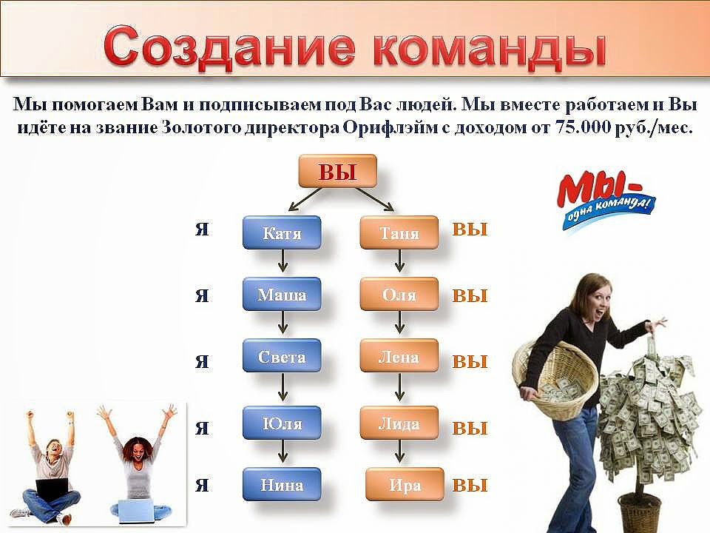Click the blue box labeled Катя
pyautogui.click(x=282, y=232)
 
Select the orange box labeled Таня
pyautogui.click(x=399, y=232)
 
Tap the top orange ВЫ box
pyautogui.click(x=337, y=171)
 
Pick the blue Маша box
pyautogui.click(x=282, y=294)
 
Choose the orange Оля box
pyautogui.click(x=399, y=294)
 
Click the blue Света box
pyautogui.click(x=282, y=356)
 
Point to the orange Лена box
pyautogui.click(x=399, y=356)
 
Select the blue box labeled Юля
pyautogui.click(x=282, y=423)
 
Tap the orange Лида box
pyautogui.click(x=399, y=423)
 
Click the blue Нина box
pyautogui.click(x=282, y=484)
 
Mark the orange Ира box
pyautogui.click(x=405, y=484)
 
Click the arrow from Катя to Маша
pyautogui.click(x=283, y=261)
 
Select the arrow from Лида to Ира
pyautogui.click(x=399, y=452)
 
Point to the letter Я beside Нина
pyautogui.click(x=202, y=485)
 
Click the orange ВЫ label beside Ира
pyautogui.click(x=470, y=486)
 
